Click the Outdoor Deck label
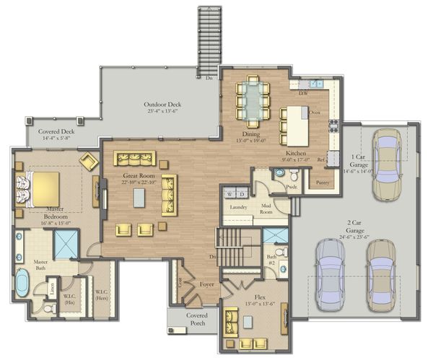(x=160, y=105)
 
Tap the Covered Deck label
(x=57, y=132)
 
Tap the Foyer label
(x=208, y=284)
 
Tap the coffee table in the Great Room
(x=139, y=198)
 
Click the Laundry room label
(x=239, y=208)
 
